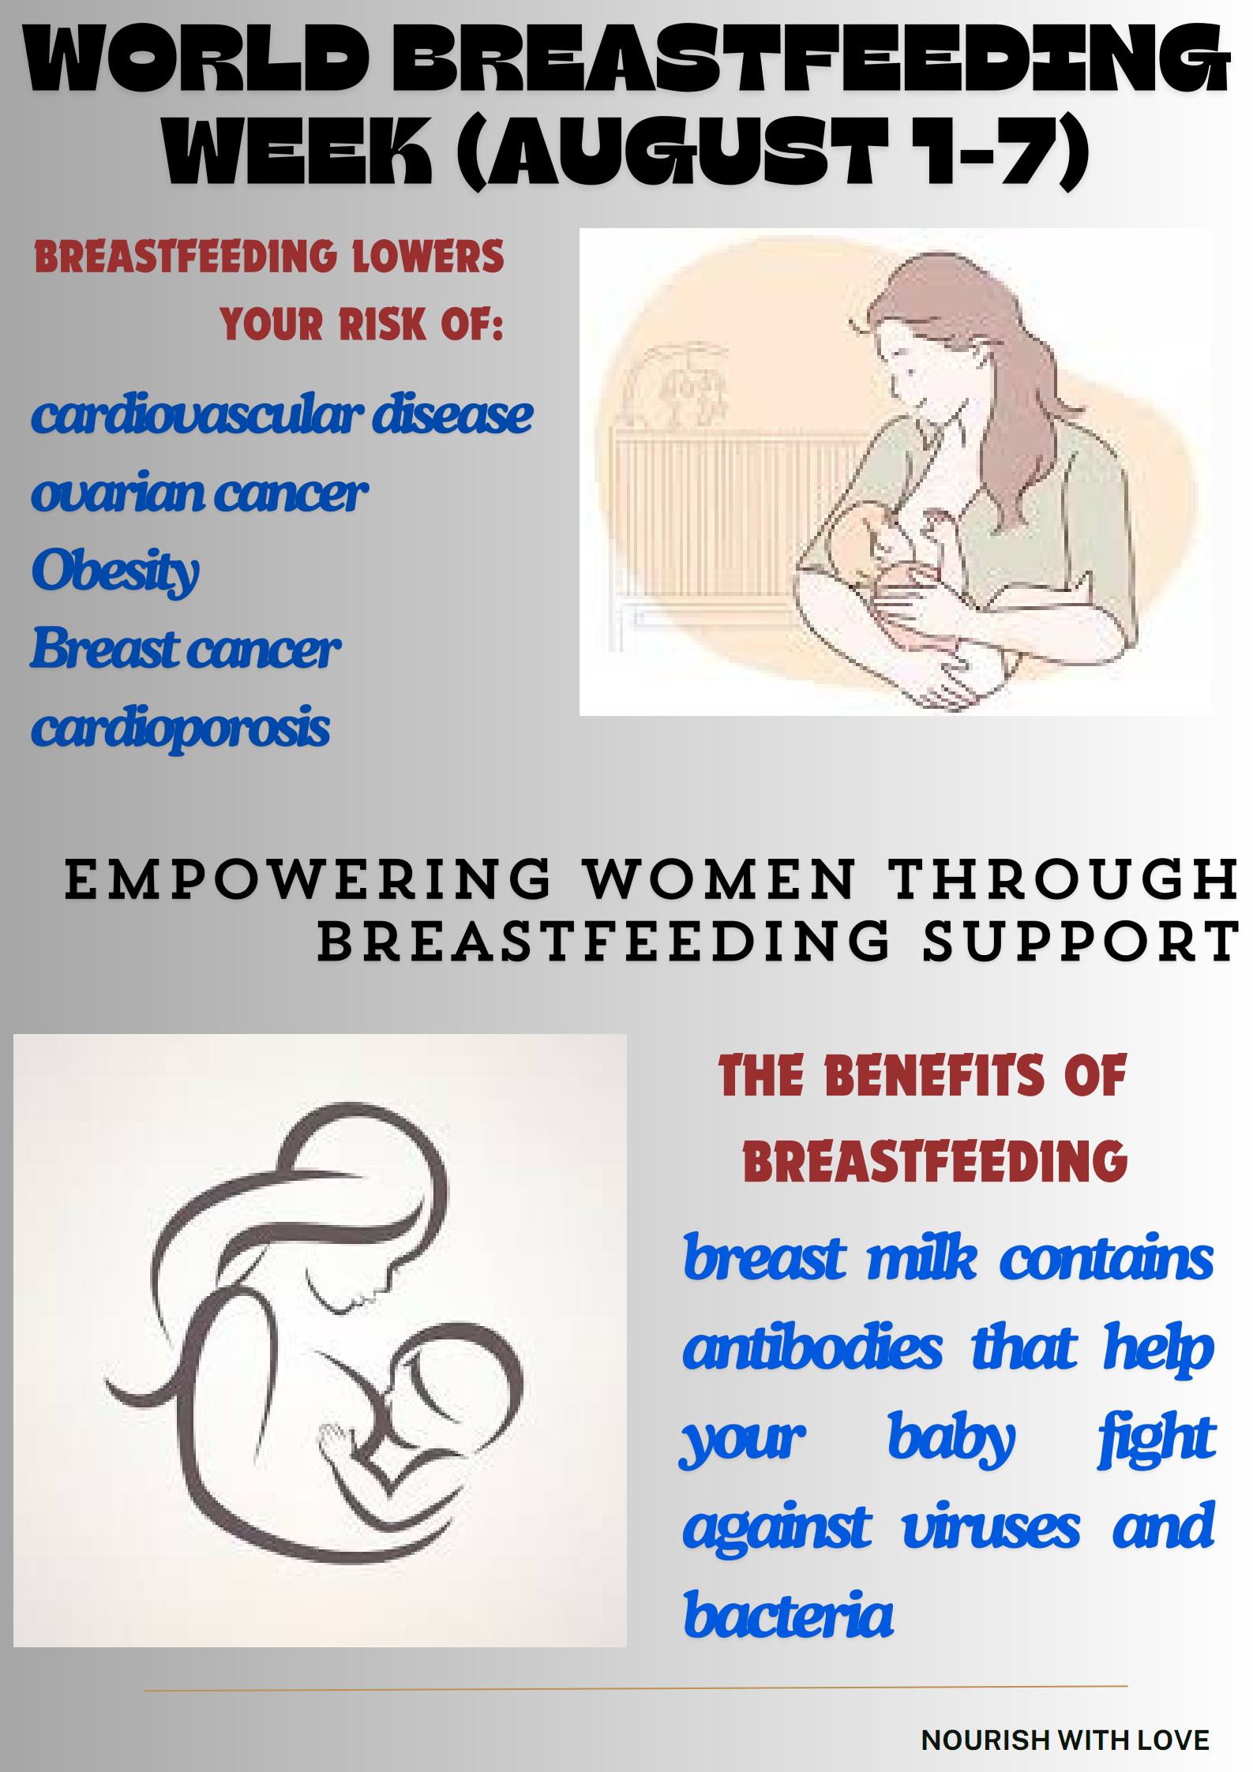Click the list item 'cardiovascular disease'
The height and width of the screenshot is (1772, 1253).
tap(282, 415)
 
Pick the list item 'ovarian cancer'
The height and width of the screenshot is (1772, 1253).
tap(200, 493)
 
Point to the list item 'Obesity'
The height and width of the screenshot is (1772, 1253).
tap(115, 572)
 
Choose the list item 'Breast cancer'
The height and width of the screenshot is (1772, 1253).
tap(186, 649)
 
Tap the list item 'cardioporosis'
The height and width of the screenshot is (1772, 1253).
tap(180, 729)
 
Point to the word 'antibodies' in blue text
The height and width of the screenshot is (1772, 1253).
tap(812, 1348)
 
